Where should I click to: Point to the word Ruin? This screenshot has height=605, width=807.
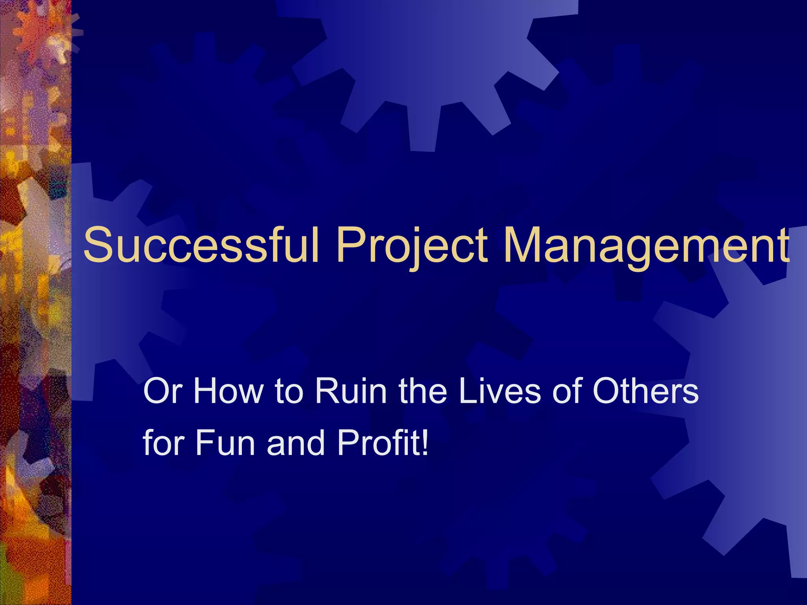351,391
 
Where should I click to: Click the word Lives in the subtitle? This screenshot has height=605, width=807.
500,391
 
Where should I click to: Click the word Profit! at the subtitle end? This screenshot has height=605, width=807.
382,443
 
